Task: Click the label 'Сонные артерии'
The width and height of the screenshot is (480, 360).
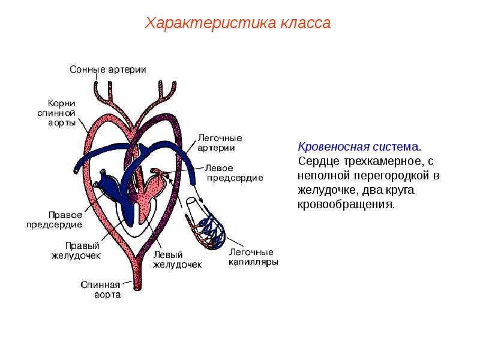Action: tap(108, 70)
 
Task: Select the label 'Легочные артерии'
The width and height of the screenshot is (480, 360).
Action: tap(220, 143)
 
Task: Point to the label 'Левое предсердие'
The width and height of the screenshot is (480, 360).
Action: tap(234, 173)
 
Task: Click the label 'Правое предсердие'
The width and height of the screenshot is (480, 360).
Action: tap(55, 220)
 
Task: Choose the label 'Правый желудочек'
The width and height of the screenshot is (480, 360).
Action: tap(76, 250)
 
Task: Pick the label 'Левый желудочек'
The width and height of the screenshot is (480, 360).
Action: tap(177, 260)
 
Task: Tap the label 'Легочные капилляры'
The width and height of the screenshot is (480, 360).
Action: tap(253, 257)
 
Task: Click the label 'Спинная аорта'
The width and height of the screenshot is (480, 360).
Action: tap(101, 290)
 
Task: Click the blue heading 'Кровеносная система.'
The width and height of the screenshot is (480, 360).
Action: tap(359, 146)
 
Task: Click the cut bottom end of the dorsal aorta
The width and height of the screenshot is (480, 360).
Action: tap(138, 288)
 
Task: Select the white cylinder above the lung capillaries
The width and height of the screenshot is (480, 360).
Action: tap(192, 202)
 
